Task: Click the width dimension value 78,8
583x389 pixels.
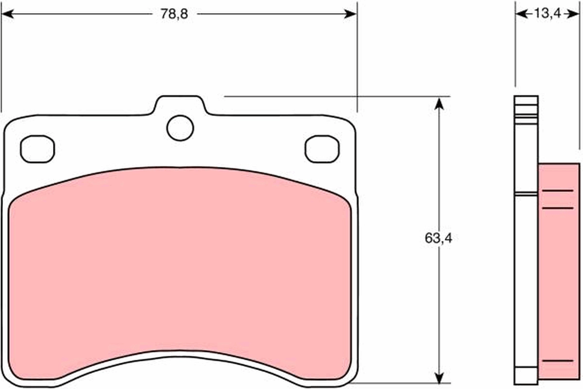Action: coord(174,14)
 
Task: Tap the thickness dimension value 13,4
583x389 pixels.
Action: coord(548,14)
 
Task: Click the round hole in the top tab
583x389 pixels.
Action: coord(180,128)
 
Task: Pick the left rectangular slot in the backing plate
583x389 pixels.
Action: coord(37,148)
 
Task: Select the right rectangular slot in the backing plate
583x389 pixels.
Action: coord(322,148)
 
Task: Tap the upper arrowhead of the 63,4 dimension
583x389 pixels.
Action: coord(439,103)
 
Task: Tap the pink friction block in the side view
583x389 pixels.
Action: coord(559,282)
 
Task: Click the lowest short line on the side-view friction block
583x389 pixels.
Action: coord(557,361)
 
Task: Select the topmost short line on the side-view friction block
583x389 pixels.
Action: coord(557,191)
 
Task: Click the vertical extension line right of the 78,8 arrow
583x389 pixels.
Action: coord(357,58)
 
